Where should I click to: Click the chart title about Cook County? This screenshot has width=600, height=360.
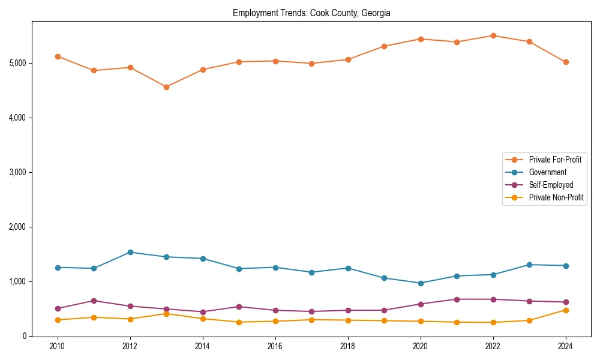coord(311,13)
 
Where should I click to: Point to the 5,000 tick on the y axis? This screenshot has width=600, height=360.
coord(17,63)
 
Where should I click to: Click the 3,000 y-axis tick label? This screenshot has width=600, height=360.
coord(17,172)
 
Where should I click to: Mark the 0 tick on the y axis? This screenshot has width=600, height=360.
coord(24,336)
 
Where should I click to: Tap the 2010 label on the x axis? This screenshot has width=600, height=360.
coord(58,346)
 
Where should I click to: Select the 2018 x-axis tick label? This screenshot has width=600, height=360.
coord(348,346)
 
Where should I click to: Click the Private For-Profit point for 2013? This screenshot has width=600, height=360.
coord(166,87)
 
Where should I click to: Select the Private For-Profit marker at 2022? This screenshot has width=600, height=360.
coord(493,35)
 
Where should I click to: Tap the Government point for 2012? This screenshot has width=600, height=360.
coord(130,252)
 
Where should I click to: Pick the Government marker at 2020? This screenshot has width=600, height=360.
coord(421,283)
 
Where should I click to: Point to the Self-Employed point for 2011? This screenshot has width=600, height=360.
coord(94,301)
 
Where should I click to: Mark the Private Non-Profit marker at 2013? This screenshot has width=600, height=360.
coord(166,314)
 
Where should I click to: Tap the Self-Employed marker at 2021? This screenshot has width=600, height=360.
coord(457,299)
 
